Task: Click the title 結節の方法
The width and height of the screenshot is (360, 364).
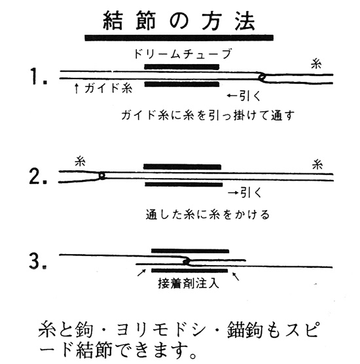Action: [179, 22]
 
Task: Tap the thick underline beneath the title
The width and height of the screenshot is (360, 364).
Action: [179, 38]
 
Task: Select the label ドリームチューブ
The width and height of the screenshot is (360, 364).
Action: [183, 54]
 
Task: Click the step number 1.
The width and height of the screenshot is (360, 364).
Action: [39, 76]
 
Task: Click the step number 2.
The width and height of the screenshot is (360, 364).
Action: [38, 176]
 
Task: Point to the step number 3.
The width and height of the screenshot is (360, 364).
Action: [38, 261]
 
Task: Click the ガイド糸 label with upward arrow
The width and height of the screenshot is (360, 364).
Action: [103, 88]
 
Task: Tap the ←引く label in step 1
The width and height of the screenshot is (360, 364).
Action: [243, 96]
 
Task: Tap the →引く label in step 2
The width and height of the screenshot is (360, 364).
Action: [245, 192]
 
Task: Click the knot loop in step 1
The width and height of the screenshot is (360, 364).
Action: [262, 77]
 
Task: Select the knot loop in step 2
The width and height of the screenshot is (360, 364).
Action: [101, 175]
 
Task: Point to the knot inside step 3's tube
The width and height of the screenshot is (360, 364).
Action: [187, 262]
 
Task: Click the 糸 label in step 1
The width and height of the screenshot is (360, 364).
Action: [316, 64]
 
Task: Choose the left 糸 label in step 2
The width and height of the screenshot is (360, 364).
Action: [80, 161]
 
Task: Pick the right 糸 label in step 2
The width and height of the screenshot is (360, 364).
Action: [317, 164]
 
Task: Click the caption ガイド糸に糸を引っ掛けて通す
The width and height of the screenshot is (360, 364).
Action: [207, 115]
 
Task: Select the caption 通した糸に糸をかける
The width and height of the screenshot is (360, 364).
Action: [207, 214]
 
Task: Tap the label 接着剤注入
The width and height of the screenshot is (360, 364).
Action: [189, 283]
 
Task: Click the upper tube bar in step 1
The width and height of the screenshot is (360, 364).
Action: [182, 67]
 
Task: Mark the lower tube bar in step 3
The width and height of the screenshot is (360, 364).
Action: [189, 270]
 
